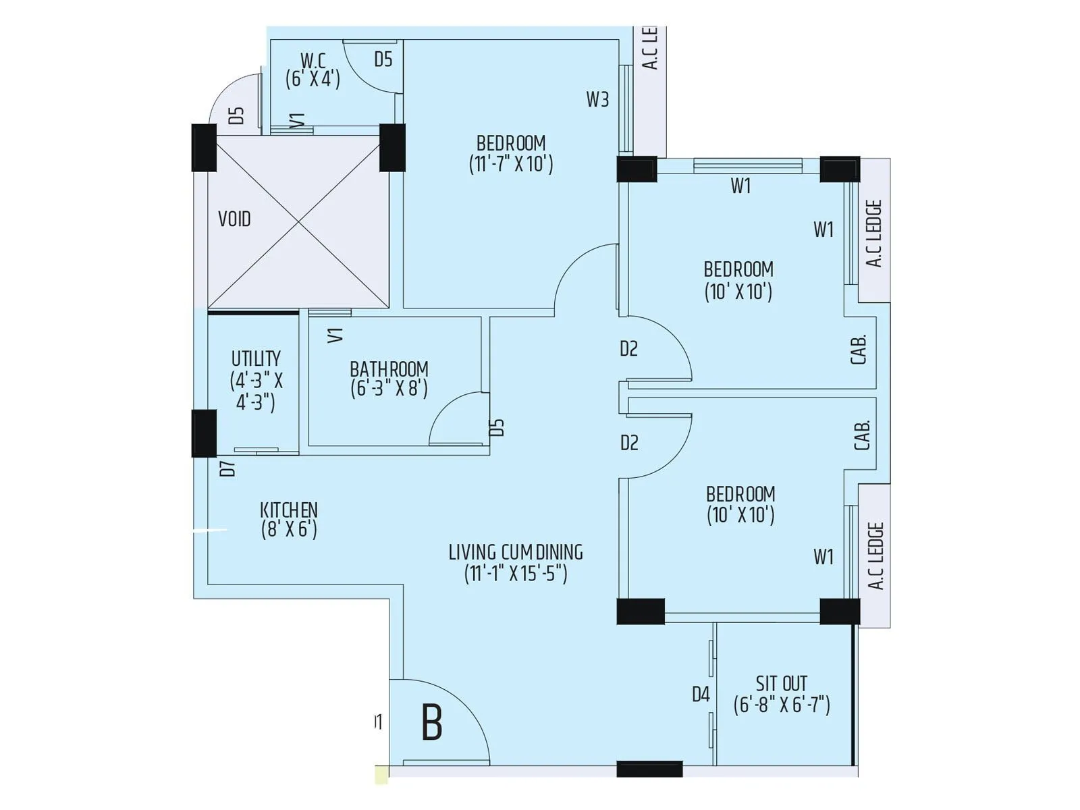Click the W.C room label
point(313,61)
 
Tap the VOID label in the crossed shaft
point(234,219)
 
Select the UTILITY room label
point(256,358)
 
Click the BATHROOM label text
point(389,369)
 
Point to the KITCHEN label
point(289,510)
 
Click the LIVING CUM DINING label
point(516,552)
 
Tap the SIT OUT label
point(782,683)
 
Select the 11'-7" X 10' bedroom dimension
point(511,164)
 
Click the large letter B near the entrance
point(432,722)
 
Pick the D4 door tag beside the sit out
point(701,694)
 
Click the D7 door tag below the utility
point(228,468)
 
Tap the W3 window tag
point(597,100)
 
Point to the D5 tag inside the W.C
point(383,59)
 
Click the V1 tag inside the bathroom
point(335,335)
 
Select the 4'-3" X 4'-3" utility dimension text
point(256,391)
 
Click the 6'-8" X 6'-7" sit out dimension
point(782,705)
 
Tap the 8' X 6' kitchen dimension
point(289,529)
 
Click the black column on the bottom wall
point(649,769)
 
